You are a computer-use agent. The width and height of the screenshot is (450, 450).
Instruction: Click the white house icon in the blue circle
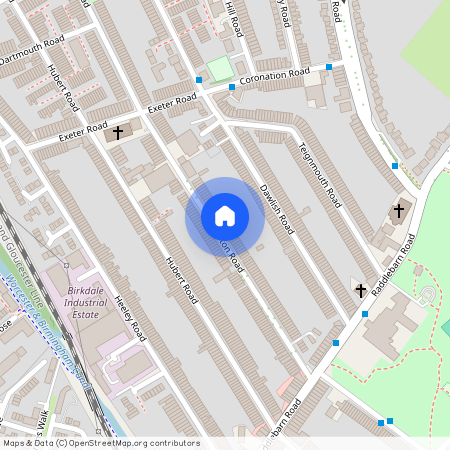225,216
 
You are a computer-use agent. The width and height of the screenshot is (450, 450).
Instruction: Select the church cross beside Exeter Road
117,132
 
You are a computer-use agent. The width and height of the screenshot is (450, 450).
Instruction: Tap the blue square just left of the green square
199,77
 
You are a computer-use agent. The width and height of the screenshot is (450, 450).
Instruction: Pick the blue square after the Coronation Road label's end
329,67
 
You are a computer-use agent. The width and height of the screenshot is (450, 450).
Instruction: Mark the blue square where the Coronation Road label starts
232,86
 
